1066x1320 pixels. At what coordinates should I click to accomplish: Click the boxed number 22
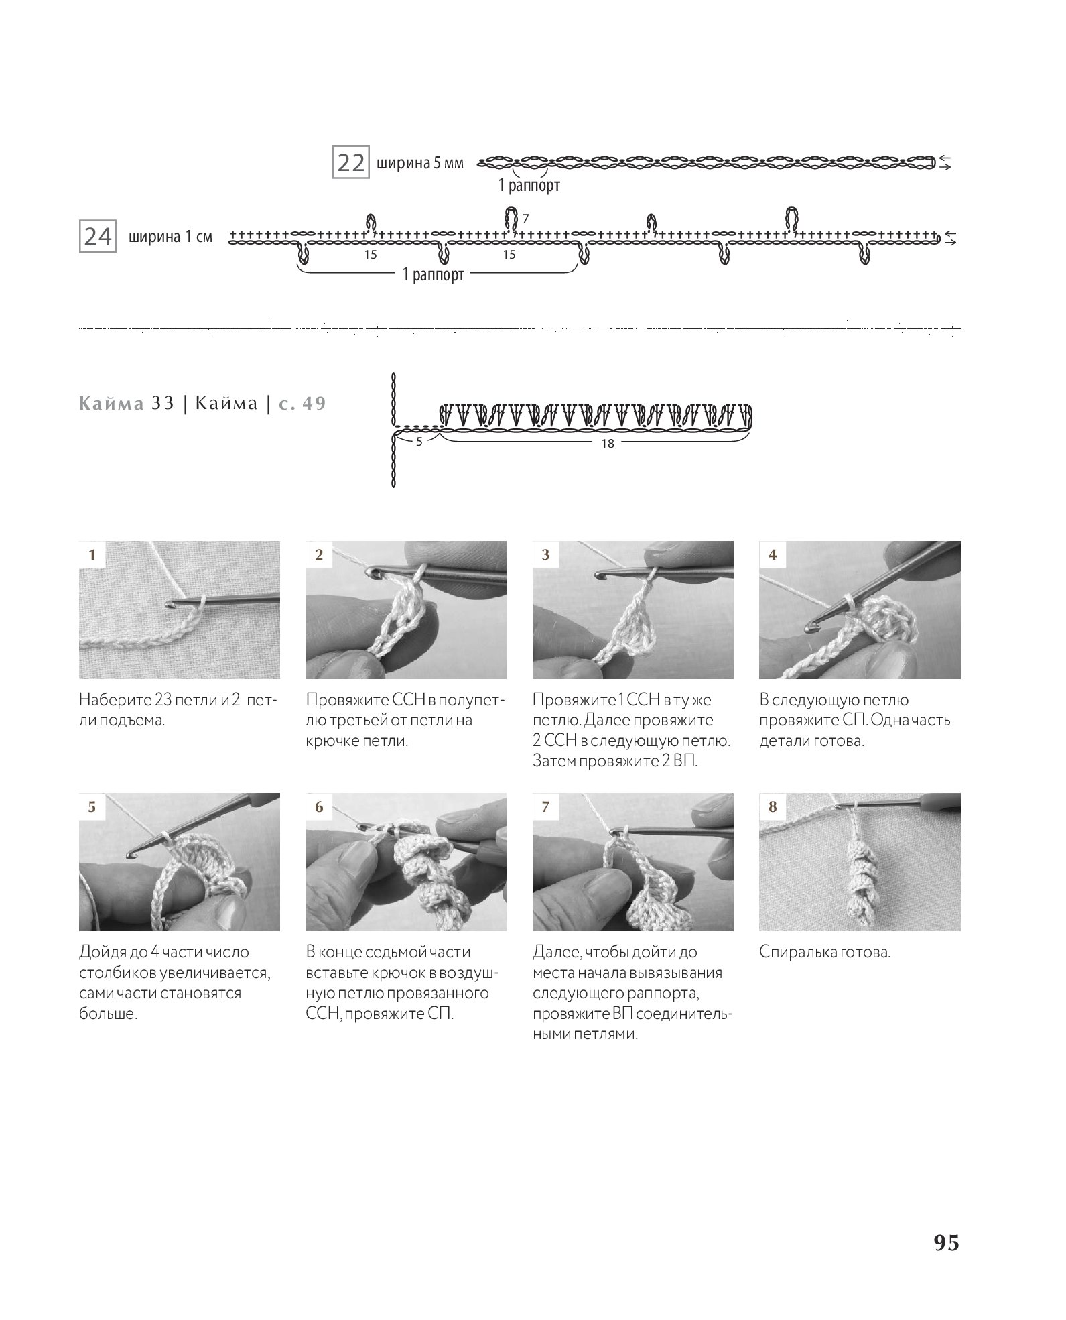tap(350, 163)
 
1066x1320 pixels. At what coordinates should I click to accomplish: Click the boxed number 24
tap(97, 237)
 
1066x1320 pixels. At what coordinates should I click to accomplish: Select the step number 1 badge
tap(92, 554)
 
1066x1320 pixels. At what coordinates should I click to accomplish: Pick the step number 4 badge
tap(773, 554)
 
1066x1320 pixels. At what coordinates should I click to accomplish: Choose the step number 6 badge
tap(319, 807)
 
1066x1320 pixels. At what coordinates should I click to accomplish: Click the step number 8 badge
tap(773, 807)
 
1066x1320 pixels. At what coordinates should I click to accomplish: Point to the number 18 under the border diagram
tap(607, 444)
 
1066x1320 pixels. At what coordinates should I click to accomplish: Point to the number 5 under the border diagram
tap(419, 442)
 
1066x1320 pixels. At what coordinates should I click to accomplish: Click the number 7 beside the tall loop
tap(526, 219)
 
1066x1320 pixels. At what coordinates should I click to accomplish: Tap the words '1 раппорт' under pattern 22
tap(529, 186)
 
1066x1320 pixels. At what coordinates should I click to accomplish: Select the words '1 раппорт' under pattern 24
tap(433, 275)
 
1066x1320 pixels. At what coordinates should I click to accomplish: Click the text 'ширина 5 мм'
tap(419, 164)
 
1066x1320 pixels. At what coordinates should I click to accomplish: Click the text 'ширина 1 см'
tap(170, 237)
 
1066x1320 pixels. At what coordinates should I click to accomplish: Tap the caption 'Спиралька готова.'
tap(825, 952)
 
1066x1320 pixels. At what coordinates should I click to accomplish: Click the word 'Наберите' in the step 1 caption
tap(110, 700)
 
